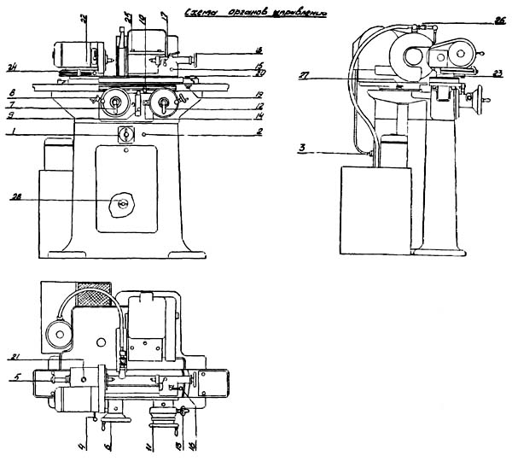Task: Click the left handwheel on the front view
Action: pyautogui.click(x=113, y=105)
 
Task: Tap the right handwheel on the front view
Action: pyautogui.click(x=159, y=105)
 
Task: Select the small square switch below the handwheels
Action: pyautogui.click(x=125, y=134)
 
